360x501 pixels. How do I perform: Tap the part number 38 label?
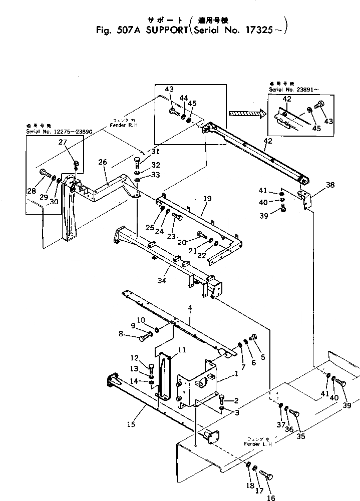pos(330,184)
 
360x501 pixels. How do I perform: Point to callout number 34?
pos(162,281)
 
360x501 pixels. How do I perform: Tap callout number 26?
pos(103,162)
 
